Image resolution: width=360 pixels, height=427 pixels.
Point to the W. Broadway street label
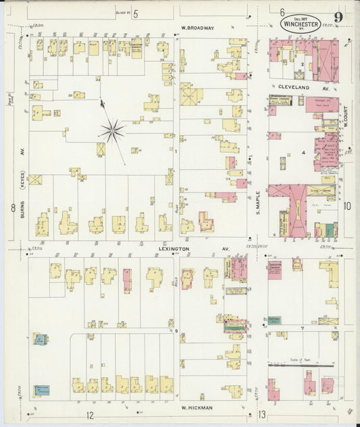point(197,28)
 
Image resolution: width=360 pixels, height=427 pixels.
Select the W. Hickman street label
point(197,407)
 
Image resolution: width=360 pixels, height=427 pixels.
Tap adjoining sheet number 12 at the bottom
point(88,414)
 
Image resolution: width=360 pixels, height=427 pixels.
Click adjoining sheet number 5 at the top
point(135,13)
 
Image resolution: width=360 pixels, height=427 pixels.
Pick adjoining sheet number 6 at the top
point(282,11)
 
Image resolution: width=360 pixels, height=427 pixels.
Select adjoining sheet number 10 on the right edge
point(347,206)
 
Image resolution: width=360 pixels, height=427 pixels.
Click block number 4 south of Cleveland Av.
point(303,153)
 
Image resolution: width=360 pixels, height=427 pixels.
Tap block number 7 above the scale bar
point(303,328)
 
